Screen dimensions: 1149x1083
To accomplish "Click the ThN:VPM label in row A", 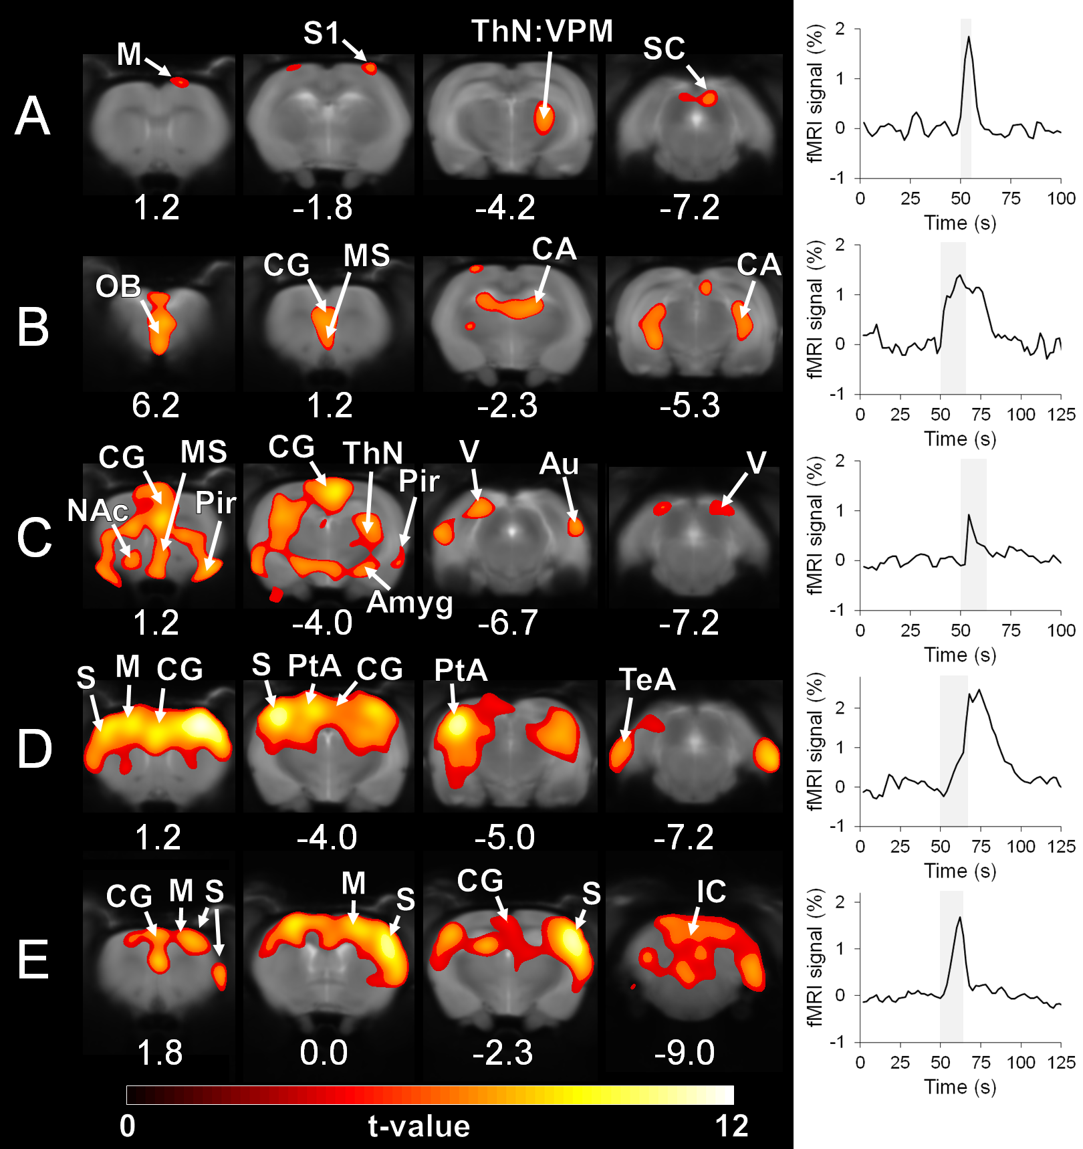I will [541, 31].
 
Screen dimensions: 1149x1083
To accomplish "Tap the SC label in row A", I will [664, 49].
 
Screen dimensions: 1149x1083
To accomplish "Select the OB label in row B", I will [118, 287].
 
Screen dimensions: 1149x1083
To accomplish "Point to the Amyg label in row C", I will [410, 603].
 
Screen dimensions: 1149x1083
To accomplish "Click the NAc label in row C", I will [98, 512].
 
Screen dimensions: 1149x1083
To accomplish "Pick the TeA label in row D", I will [647, 680].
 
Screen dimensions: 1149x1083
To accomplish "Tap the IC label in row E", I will [711, 892].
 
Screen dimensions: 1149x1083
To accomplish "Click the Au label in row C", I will [559, 464].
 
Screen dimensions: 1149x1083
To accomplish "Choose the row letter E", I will [33, 960].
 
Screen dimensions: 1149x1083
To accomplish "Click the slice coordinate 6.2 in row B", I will [156, 405].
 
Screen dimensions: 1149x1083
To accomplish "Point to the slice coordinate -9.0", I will [685, 1053].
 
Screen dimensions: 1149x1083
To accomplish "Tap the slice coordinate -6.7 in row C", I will [508, 623].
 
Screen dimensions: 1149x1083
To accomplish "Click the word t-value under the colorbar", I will [419, 1126].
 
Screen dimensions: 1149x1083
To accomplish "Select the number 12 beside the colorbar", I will [731, 1126].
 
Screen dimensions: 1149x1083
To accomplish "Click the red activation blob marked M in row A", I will [179, 82].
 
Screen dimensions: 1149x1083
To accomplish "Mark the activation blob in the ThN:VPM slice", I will [544, 119].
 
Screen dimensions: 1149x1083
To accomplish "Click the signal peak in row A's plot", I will [968, 37].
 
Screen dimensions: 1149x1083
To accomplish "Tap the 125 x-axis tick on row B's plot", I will [1061, 415].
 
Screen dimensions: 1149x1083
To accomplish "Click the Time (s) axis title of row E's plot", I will [960, 1087].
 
